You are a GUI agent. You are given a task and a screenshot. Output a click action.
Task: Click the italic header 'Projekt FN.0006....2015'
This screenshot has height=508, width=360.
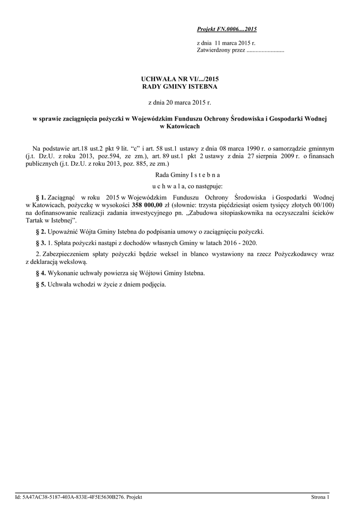(x=227, y=30)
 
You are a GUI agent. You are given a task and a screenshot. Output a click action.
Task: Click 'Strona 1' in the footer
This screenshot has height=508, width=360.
(x=320, y=497)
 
